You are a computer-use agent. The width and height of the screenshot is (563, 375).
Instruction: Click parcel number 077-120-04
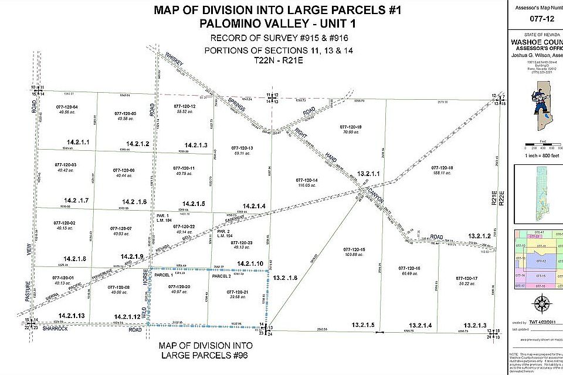click(66, 106)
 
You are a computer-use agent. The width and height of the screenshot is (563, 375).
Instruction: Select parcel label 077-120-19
click(351, 127)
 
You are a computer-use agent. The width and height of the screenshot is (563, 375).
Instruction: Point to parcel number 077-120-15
click(355, 249)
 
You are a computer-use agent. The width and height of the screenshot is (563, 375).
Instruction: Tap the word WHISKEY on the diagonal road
click(175, 59)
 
